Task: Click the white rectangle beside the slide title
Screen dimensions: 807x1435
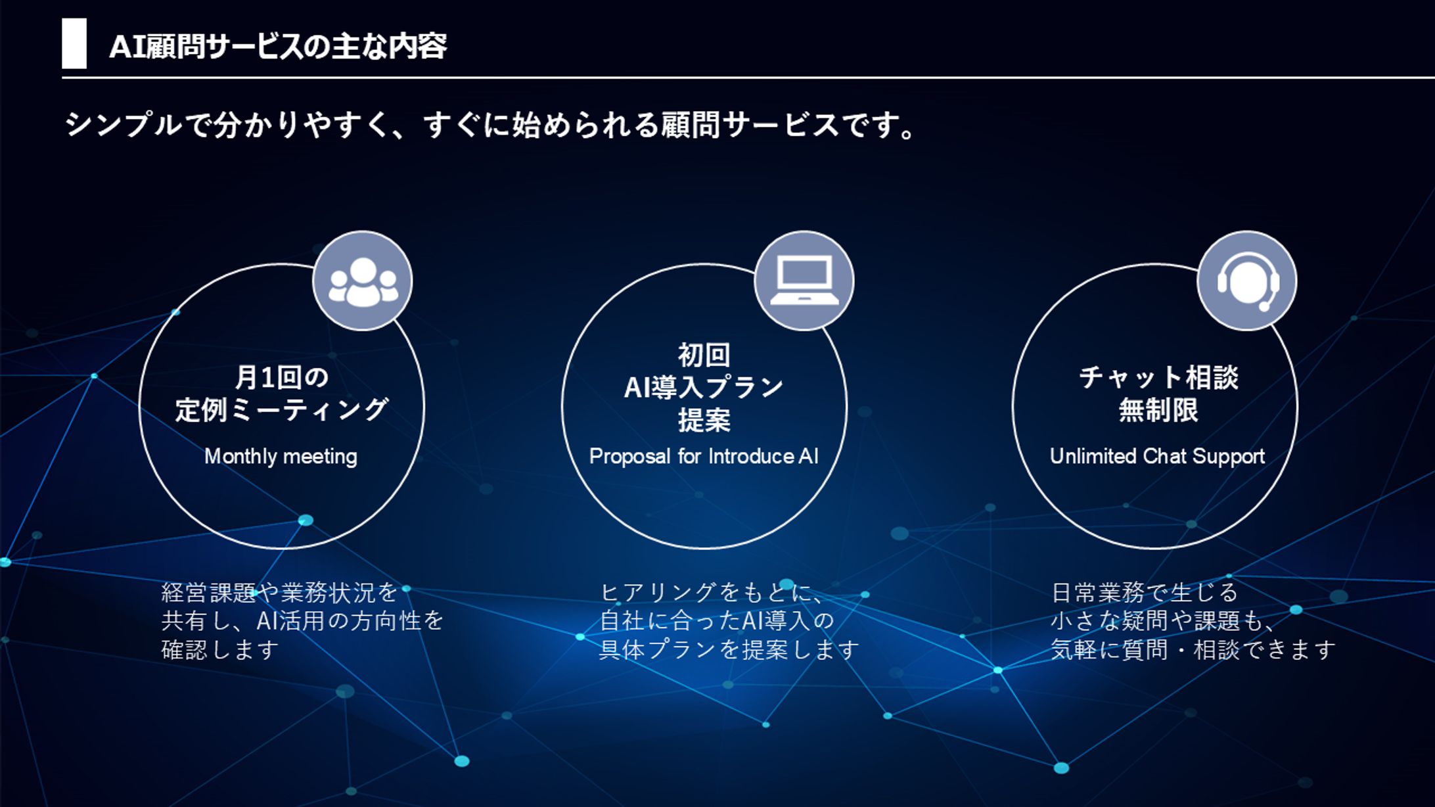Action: tap(74, 43)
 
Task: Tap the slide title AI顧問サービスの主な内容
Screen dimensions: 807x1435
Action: tap(277, 47)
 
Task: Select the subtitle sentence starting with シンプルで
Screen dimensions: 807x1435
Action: tap(490, 125)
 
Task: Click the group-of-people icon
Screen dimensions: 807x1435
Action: tap(363, 281)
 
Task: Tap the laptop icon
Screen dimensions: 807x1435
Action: tap(804, 281)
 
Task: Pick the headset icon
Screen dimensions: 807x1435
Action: tap(1247, 281)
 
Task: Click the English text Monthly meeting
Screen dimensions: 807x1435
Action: tap(281, 456)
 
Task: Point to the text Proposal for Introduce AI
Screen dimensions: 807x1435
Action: tap(704, 456)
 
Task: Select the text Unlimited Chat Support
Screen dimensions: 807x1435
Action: tap(1157, 456)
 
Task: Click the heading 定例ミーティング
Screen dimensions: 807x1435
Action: tap(282, 410)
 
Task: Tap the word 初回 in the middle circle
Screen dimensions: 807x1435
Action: tap(704, 356)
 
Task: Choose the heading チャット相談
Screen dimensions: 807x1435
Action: tap(1158, 378)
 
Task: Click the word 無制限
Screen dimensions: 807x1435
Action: tap(1158, 411)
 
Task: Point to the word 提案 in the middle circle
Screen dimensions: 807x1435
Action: tap(704, 420)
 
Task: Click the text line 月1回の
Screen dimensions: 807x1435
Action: tap(282, 377)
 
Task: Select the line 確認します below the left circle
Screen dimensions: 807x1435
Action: tap(220, 650)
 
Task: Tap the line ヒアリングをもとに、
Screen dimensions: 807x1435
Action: tap(712, 593)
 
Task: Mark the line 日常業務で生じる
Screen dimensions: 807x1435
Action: tap(1145, 593)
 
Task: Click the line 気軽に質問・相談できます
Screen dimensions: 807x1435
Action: tap(1193, 650)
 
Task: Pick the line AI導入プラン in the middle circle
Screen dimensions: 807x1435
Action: tap(704, 388)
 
